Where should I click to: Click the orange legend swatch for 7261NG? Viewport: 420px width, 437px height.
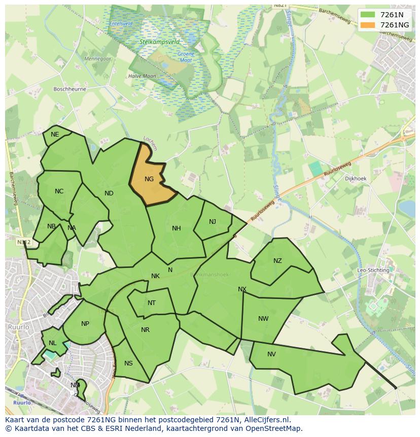(368, 25)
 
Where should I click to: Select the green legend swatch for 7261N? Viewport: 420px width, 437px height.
(368, 15)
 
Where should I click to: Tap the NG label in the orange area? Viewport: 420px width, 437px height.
(149, 179)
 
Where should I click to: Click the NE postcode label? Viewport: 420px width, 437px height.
(55, 135)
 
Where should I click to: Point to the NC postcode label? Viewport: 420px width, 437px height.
(59, 191)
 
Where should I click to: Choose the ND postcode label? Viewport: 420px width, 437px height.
(109, 193)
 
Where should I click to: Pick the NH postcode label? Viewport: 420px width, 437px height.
(177, 228)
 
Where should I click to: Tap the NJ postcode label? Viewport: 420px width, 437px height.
(213, 222)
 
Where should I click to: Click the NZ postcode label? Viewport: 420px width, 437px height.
(277, 261)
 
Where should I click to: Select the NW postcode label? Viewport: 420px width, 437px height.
(263, 319)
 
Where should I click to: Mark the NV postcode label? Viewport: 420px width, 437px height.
(271, 354)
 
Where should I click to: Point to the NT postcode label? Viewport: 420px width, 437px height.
(152, 303)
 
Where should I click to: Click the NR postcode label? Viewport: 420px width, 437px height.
(146, 330)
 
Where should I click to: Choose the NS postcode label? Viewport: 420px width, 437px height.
(128, 363)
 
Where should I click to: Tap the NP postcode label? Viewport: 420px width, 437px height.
(85, 324)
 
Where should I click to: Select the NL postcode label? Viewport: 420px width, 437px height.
(53, 343)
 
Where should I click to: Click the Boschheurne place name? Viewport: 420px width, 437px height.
(70, 89)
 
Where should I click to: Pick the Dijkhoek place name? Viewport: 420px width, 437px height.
(356, 179)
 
